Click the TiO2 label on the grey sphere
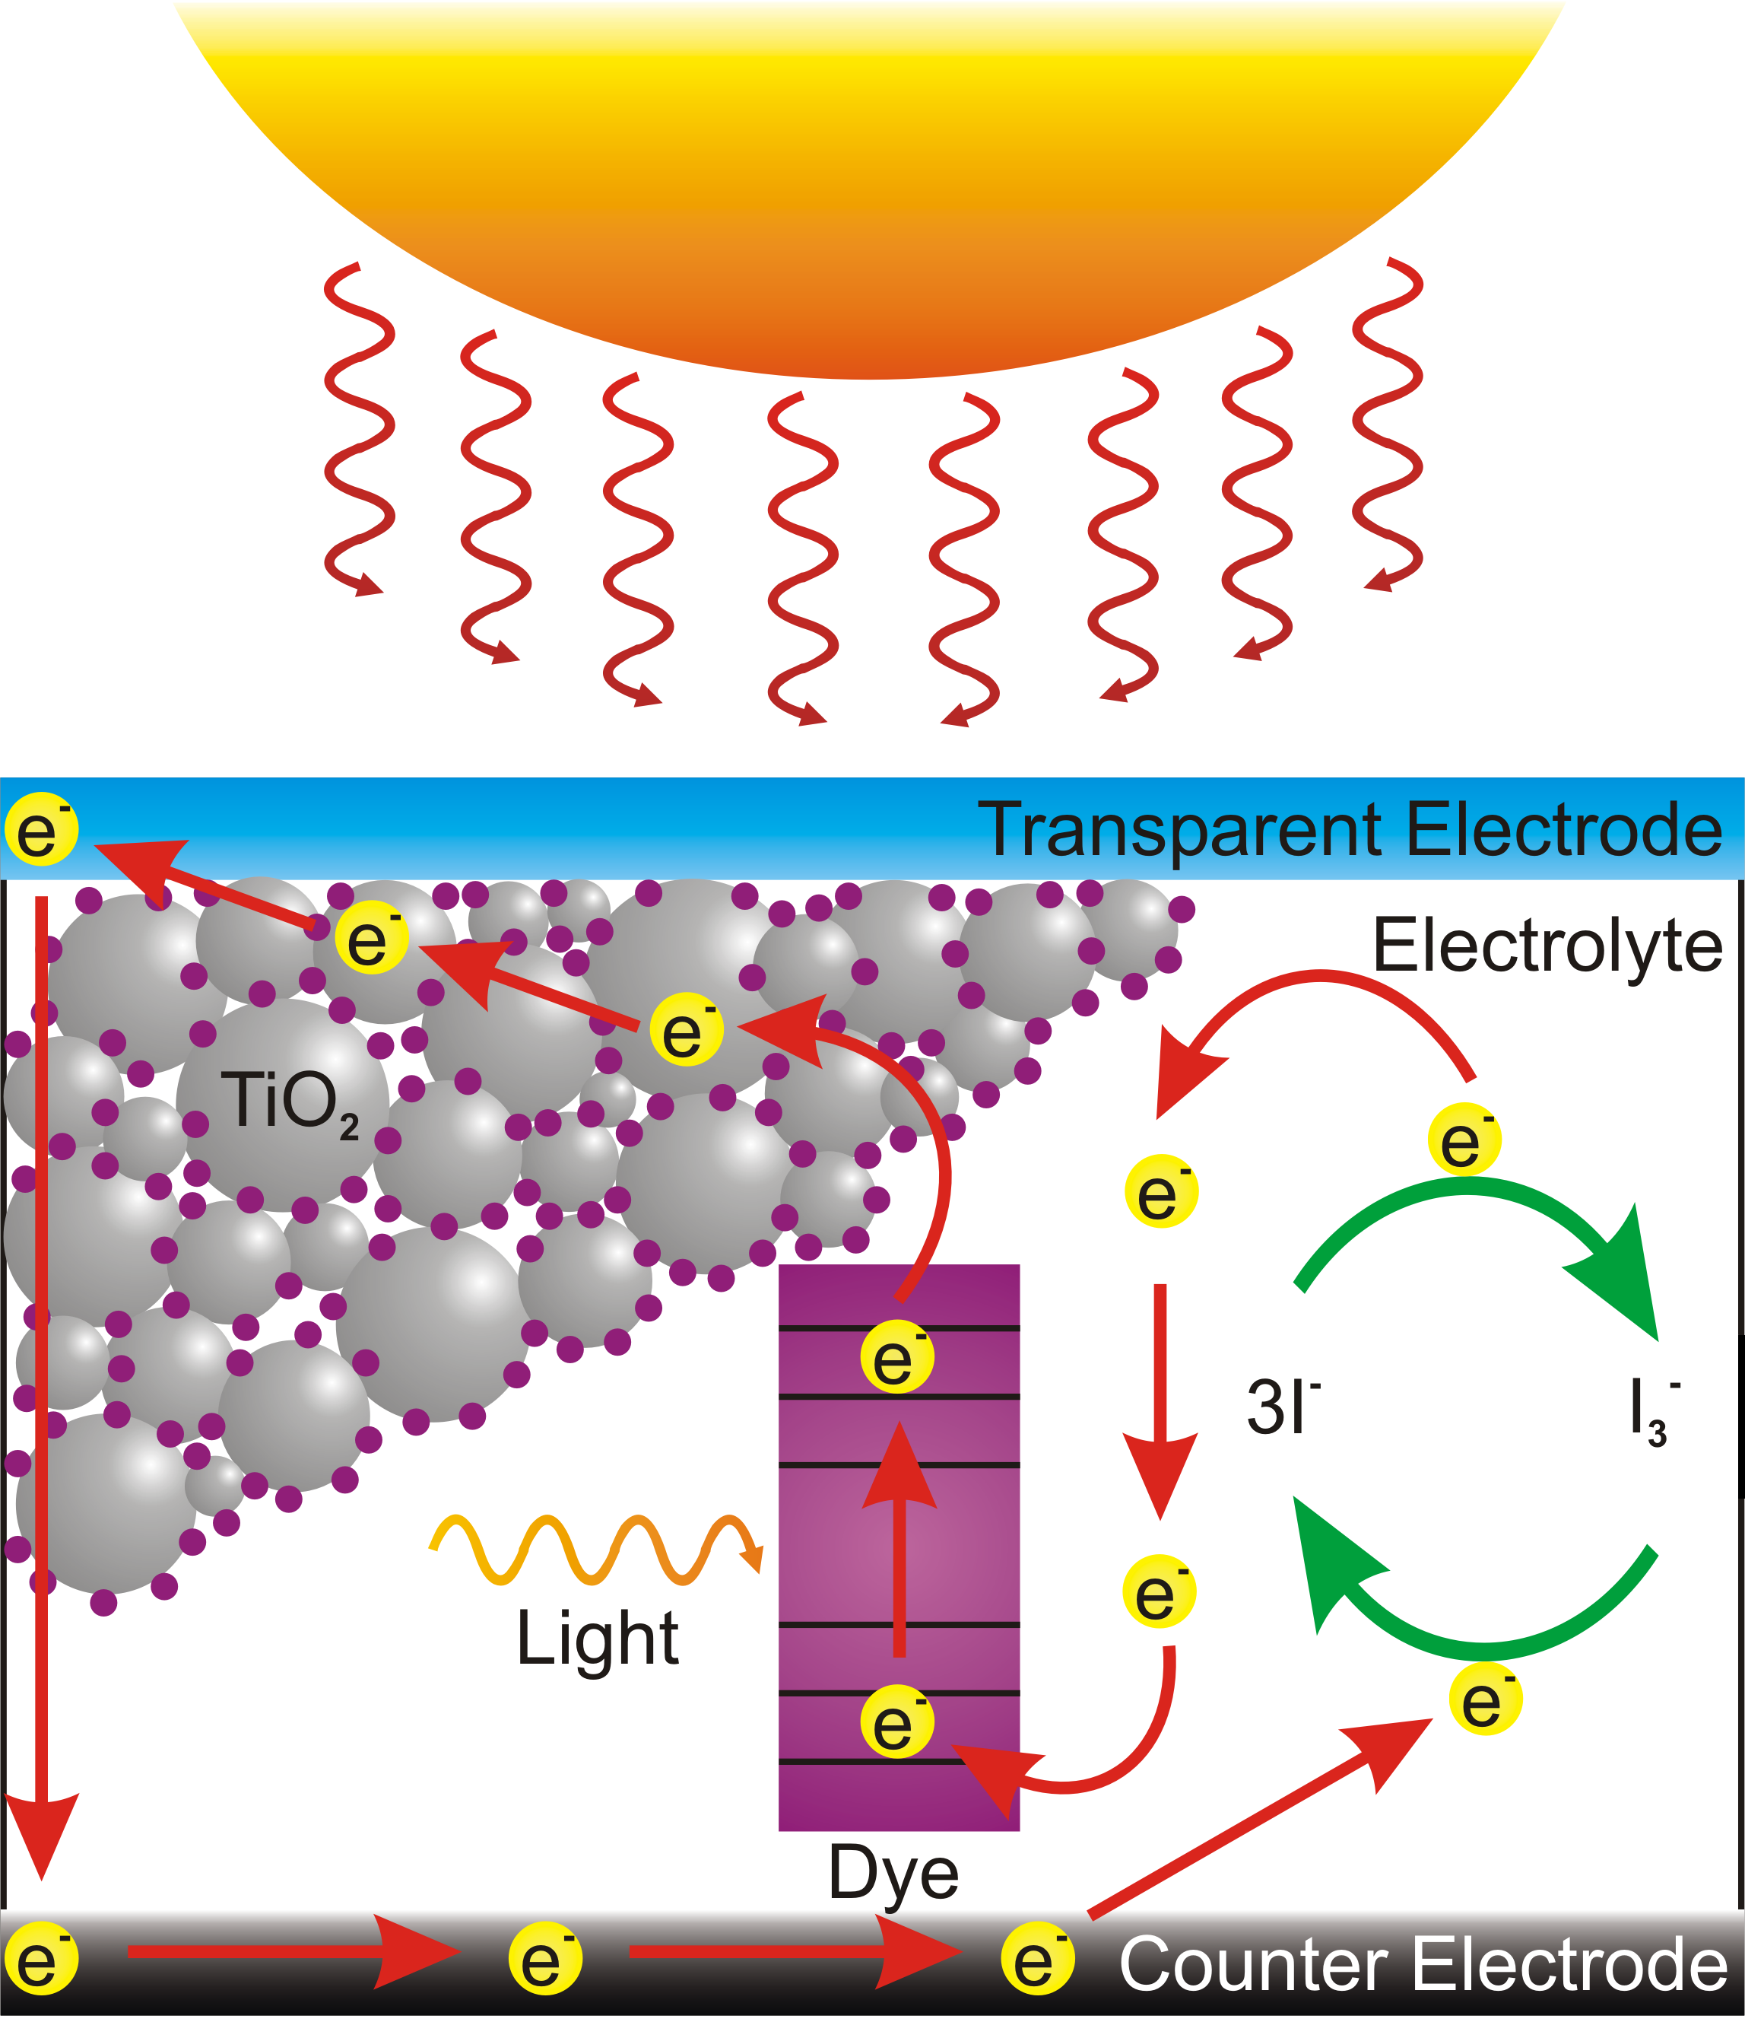coord(290,1104)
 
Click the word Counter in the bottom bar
coord(1252,1963)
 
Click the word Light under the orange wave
coord(597,1639)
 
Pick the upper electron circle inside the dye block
coord(896,1357)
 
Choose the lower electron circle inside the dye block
coord(896,1722)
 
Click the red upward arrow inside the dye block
coord(898,1542)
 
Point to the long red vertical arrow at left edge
coord(41,1366)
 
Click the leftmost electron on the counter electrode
coord(41,1960)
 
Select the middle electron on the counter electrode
coord(545,1960)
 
